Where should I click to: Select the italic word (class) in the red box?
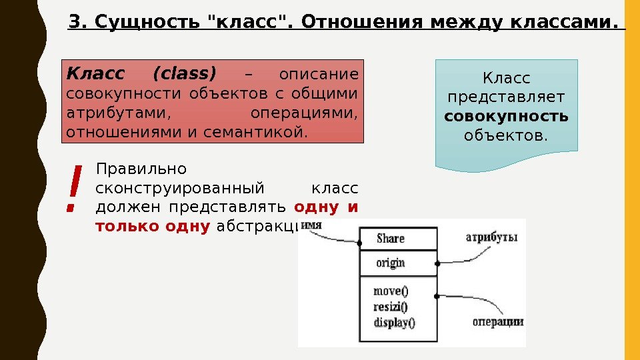[185, 73]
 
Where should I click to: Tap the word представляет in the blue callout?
[506, 98]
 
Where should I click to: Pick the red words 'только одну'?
[153, 227]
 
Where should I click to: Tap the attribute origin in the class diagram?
[390, 263]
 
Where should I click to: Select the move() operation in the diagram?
[391, 291]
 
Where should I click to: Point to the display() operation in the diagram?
[394, 323]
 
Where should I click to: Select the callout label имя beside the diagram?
[312, 225]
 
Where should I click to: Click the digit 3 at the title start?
[73, 23]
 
